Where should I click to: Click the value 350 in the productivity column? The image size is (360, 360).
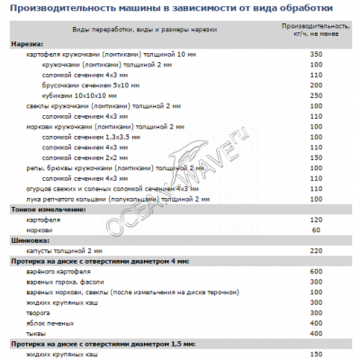coord(315,55)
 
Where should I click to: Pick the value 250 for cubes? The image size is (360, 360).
coord(315,94)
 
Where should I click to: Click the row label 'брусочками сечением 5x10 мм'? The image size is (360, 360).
coord(94,85)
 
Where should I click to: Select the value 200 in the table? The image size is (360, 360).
coord(315,85)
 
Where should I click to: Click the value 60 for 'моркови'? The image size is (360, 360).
coord(316,229)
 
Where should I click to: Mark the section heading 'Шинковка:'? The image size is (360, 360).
coord(31,239)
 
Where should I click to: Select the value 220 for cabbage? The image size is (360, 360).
coord(315,250)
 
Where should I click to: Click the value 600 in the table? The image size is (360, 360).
coord(315,271)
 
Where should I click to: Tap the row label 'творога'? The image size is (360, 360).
coord(41,312)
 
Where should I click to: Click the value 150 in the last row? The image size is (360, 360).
coord(315,355)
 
